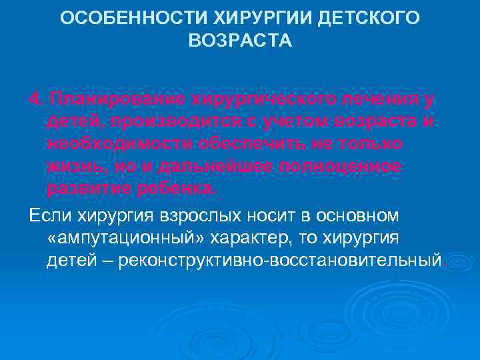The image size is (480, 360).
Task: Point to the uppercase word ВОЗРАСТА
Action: click(240, 41)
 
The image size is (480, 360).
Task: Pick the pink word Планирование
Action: click(118, 100)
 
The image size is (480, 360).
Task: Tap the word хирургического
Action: click(258, 100)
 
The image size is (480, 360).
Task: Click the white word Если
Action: click(49, 215)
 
